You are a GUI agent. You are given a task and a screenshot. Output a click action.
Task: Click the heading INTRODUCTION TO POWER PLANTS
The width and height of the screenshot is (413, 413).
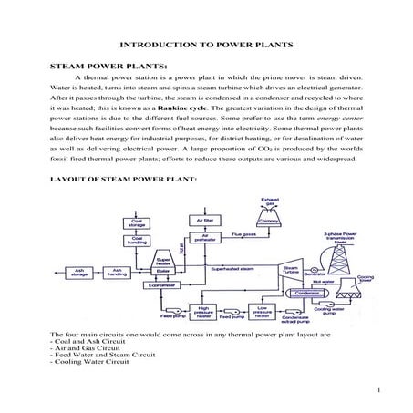point(206,44)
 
